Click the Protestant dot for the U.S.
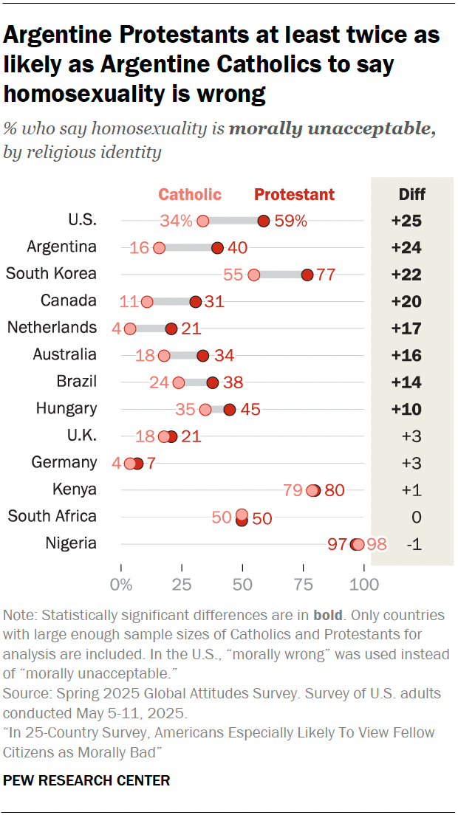(x=264, y=220)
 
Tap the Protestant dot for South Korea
(x=307, y=275)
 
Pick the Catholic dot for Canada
(x=147, y=301)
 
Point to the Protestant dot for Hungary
(x=230, y=409)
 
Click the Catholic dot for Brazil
(x=179, y=382)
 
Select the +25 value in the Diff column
(x=407, y=220)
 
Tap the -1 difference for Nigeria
(x=413, y=544)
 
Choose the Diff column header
(x=411, y=195)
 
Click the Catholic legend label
(x=190, y=195)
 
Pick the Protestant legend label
(x=294, y=195)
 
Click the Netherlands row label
(x=52, y=327)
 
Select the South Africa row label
(x=52, y=516)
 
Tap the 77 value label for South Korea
(x=326, y=275)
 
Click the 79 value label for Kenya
(x=293, y=490)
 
